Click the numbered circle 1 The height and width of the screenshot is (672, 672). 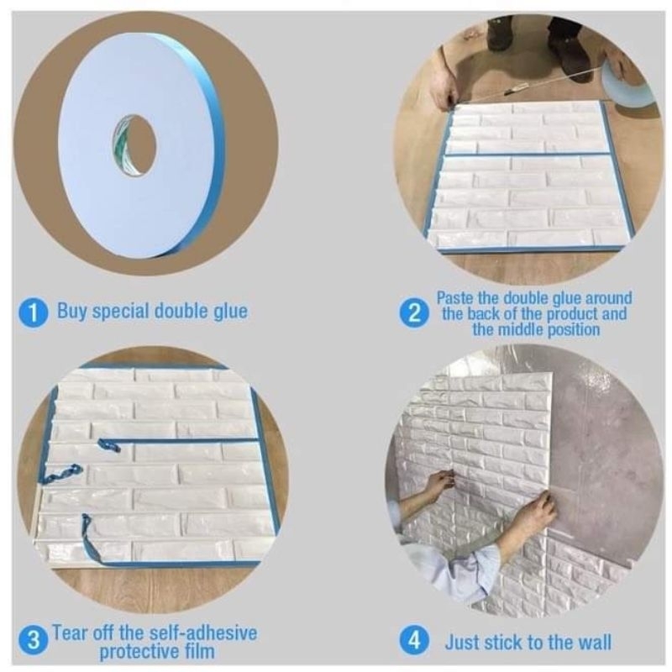pos(33,313)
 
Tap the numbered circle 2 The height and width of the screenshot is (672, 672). pos(413,314)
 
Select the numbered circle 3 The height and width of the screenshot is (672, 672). pos(33,642)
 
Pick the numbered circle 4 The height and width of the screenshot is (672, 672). pos(414,642)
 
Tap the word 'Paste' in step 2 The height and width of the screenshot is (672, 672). pos(456,298)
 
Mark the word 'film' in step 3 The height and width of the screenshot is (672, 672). pos(201,651)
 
